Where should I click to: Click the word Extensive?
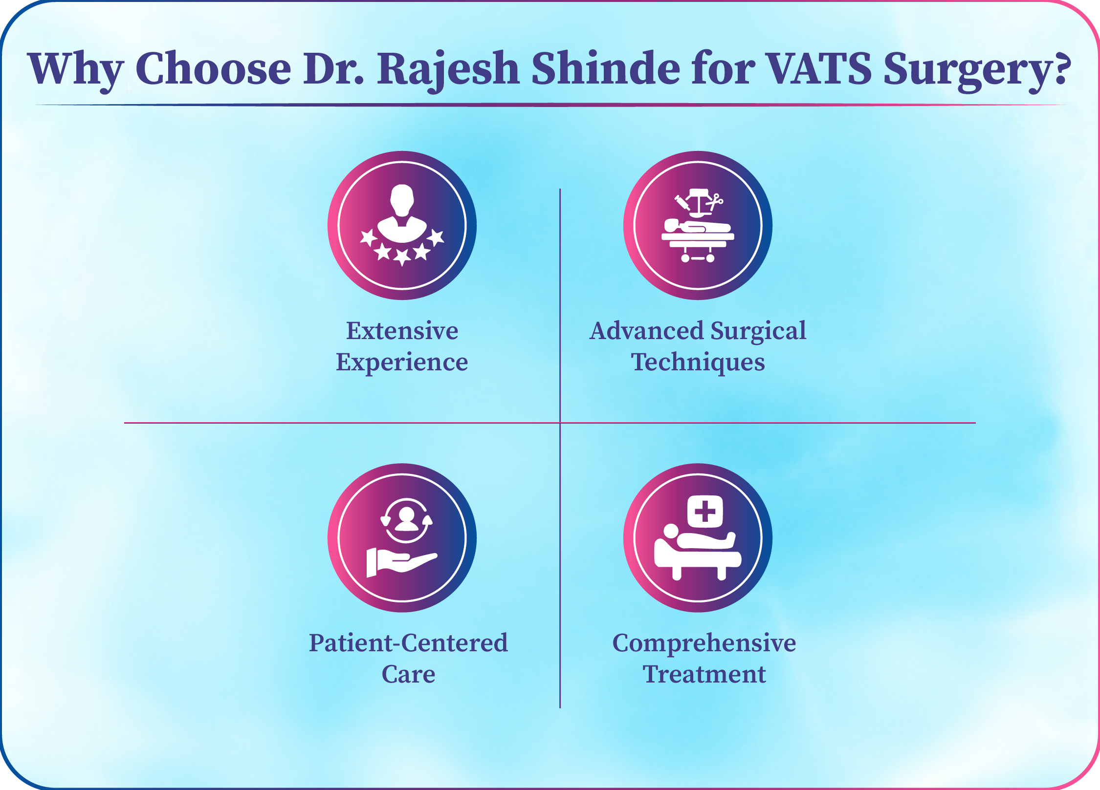[402, 331]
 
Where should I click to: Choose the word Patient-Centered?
[408, 643]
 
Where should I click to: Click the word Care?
[408, 675]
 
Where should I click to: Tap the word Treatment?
[704, 675]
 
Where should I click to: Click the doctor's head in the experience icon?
[402, 200]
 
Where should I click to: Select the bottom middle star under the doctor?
[402, 257]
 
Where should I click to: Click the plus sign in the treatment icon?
[705, 512]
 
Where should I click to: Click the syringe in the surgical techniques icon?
[682, 202]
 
